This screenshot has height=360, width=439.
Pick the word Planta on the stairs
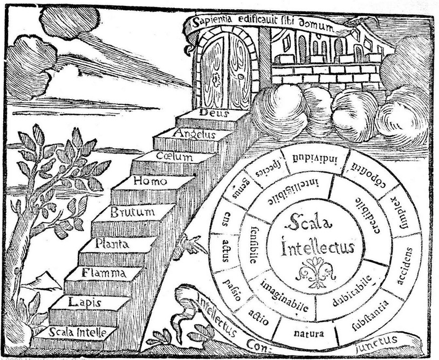tap(112, 244)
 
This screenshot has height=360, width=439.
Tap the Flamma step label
tap(104, 273)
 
